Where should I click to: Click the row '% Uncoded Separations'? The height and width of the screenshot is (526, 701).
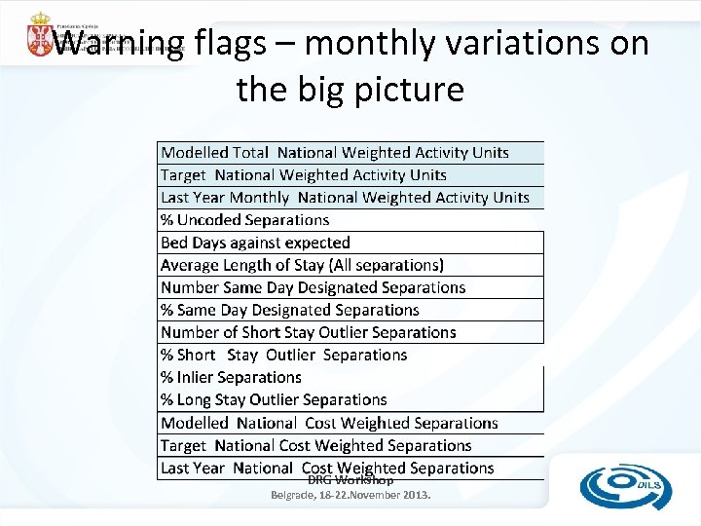[x=245, y=220]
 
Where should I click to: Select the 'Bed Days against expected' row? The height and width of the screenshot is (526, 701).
[x=255, y=243]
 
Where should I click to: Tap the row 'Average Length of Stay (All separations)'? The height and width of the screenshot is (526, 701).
[x=302, y=265]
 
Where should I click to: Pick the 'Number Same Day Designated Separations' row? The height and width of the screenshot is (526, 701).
[x=313, y=287]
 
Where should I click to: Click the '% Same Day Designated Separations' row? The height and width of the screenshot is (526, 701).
[x=289, y=310]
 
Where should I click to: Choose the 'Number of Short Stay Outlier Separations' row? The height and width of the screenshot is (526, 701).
[x=308, y=332]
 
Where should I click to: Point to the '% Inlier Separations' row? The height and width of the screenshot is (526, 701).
[x=231, y=377]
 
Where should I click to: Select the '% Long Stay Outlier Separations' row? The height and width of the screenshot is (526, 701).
[x=274, y=399]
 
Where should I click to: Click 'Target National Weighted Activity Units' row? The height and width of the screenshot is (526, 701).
[x=304, y=175]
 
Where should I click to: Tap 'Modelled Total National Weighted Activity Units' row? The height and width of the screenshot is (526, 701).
[x=335, y=153]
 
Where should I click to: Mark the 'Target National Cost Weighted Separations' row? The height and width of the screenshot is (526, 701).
[x=315, y=445]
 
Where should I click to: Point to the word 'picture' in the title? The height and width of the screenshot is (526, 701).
[x=409, y=90]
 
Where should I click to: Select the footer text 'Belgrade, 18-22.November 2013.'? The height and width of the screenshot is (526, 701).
[x=350, y=495]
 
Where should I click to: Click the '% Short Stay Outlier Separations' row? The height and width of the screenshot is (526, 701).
[x=283, y=355]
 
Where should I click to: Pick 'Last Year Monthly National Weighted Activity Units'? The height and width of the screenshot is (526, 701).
[x=345, y=198]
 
